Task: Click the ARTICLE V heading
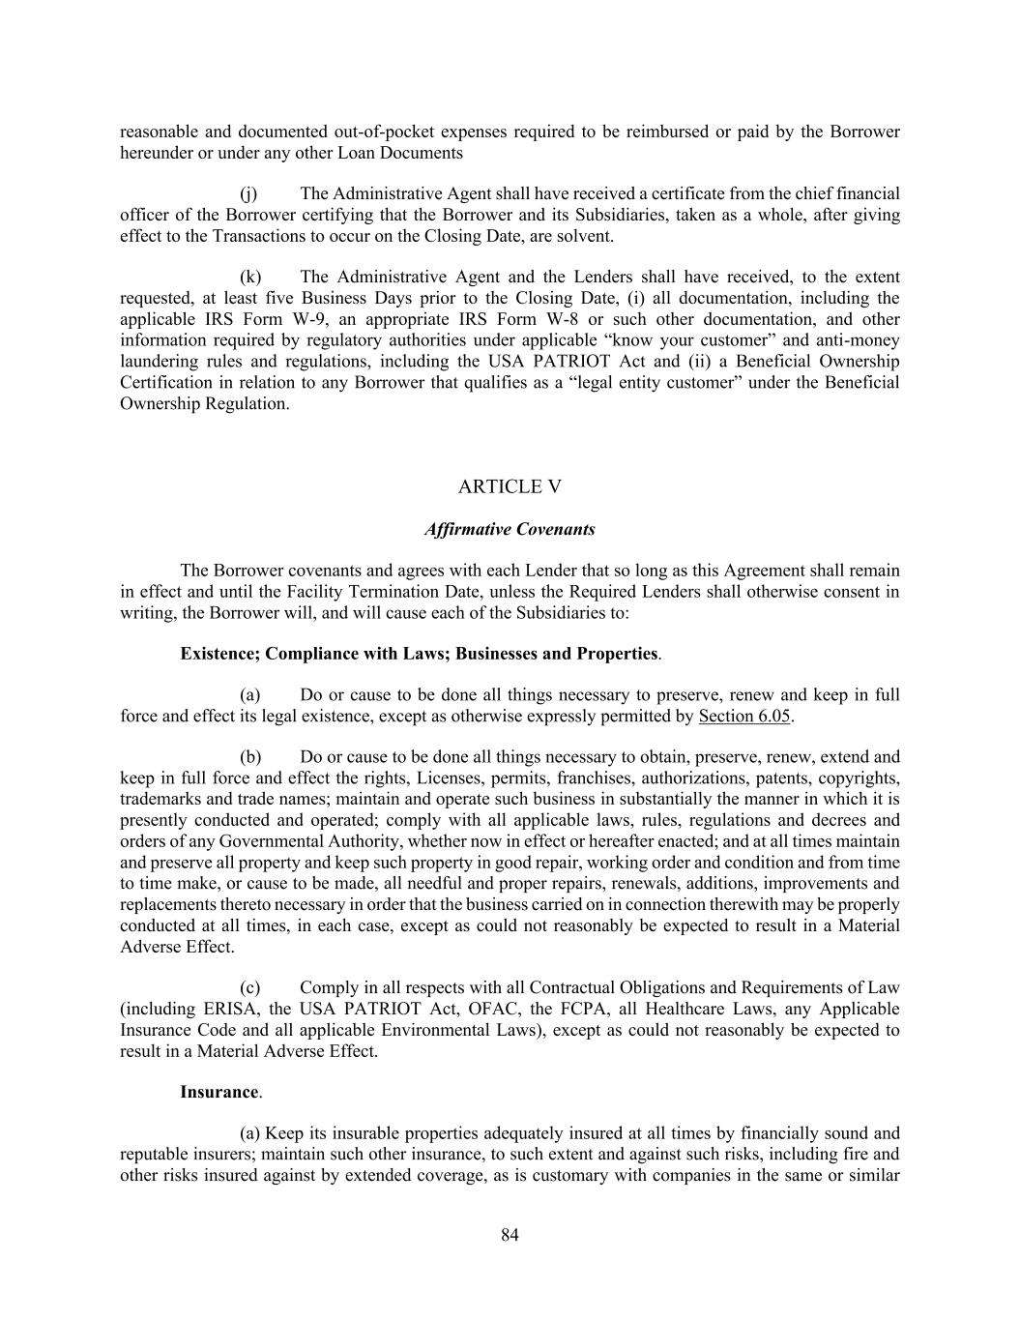(510, 486)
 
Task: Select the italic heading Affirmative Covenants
(510, 529)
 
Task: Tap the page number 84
(510, 1235)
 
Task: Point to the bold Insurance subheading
(219, 1092)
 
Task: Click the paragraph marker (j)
(248, 193)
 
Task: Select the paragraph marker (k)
(250, 278)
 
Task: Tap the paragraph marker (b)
(250, 757)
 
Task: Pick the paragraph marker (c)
(249, 987)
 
